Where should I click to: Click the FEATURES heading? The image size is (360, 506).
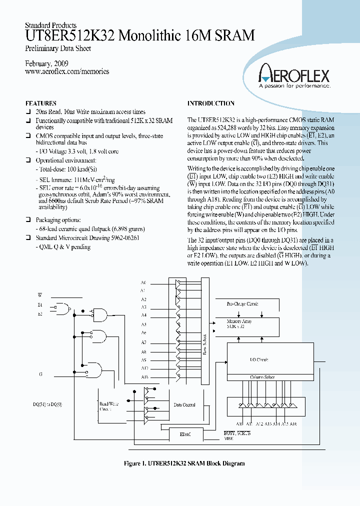tap(40, 103)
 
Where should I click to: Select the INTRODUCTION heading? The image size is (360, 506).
tap(210, 103)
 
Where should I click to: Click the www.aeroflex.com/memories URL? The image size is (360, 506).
tap(66, 71)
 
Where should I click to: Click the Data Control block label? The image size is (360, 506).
tap(184, 405)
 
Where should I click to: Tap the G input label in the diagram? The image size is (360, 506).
tap(40, 374)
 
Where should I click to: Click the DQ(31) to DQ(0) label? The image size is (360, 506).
tap(48, 404)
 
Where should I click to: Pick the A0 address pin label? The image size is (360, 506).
tap(143, 282)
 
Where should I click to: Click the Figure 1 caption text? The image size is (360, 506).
tap(184, 463)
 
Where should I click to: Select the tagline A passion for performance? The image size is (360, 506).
tap(293, 86)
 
